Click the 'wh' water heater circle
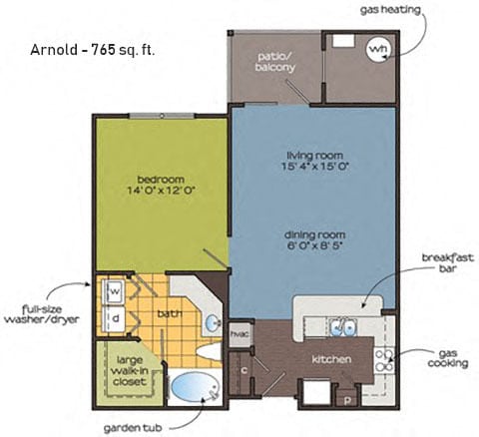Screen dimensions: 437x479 [378, 47]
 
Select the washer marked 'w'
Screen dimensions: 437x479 [114, 292]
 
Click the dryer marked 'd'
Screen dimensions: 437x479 [114, 318]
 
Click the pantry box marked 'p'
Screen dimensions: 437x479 [348, 398]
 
